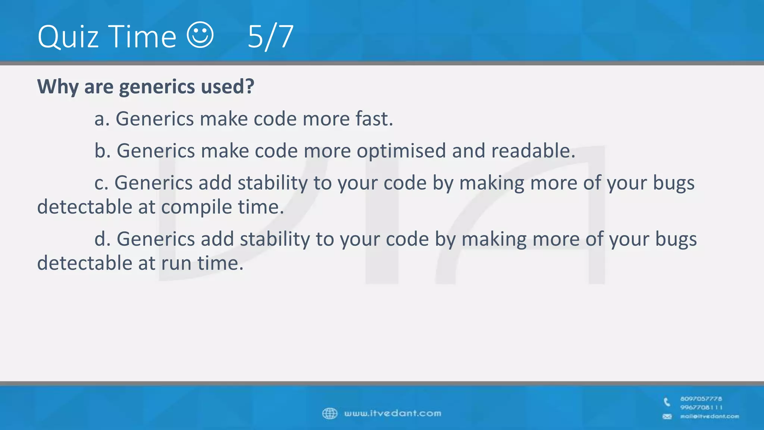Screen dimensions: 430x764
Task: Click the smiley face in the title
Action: tap(200, 35)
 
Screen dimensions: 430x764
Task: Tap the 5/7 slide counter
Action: tap(270, 37)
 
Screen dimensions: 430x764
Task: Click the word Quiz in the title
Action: tap(68, 37)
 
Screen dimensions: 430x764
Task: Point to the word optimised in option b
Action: tap(401, 151)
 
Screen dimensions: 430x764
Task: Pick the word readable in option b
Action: tap(533, 151)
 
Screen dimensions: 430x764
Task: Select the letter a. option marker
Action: tap(102, 119)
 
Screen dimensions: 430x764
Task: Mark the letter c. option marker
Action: tap(101, 183)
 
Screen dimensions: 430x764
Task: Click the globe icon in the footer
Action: tap(329, 413)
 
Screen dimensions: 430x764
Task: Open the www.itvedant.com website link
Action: tap(392, 413)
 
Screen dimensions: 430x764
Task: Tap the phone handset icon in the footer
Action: tap(667, 402)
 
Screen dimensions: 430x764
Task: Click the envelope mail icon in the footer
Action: tap(667, 417)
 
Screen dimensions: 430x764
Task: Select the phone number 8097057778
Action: tap(701, 399)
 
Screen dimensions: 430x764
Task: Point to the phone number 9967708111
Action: tap(701, 407)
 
